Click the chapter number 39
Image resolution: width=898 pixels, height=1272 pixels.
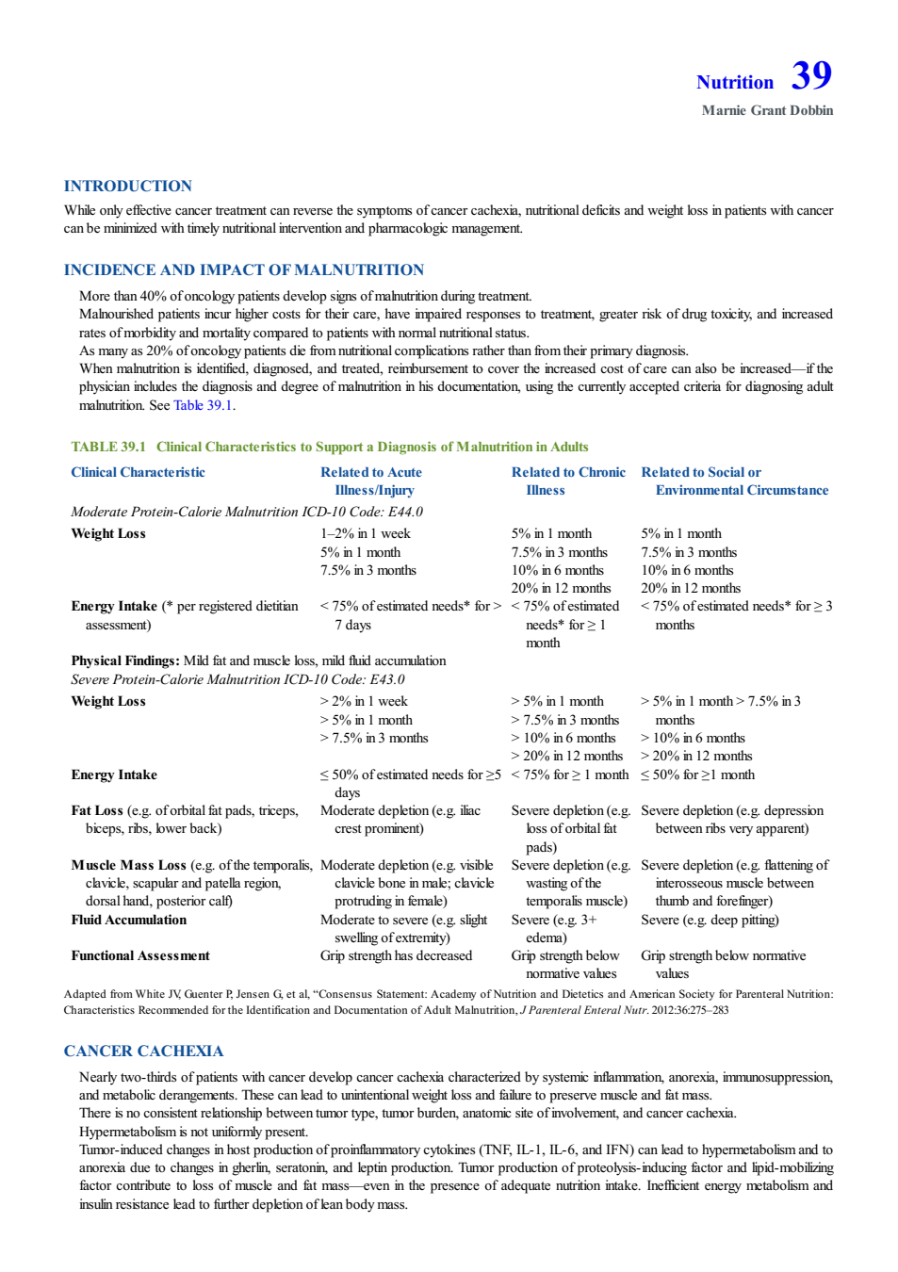pos(811,75)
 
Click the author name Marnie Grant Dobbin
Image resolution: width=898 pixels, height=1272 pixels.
pos(767,110)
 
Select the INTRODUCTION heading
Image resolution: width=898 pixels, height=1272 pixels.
pos(128,186)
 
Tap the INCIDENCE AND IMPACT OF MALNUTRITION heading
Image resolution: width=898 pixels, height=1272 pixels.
pos(244,269)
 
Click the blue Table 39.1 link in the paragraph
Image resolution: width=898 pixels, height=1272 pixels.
pos(203,405)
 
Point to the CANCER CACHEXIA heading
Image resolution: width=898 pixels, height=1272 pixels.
pos(143,1052)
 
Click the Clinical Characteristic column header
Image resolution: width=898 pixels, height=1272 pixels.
pos(138,472)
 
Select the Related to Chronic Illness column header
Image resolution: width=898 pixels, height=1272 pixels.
pos(568,481)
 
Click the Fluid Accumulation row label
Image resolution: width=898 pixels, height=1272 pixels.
pos(128,920)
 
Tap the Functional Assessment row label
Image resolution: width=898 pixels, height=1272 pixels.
pos(140,955)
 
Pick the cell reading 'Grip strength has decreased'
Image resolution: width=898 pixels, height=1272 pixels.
pos(396,955)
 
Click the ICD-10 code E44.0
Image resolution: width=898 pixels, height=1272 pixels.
pos(405,513)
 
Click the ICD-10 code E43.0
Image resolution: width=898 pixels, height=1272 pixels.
pos(387,679)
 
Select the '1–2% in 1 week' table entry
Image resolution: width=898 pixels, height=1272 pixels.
pos(366,534)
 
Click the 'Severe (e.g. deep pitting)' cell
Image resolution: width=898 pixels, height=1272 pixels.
pos(710,920)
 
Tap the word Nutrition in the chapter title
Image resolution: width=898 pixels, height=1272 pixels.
pos(735,82)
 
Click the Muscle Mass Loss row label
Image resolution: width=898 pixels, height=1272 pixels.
pos(128,865)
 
